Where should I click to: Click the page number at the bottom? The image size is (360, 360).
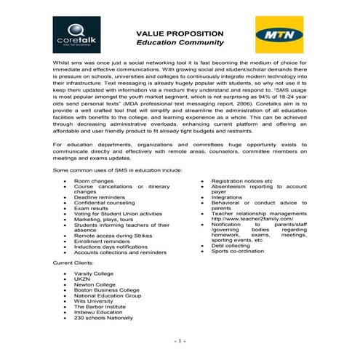click(180, 340)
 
